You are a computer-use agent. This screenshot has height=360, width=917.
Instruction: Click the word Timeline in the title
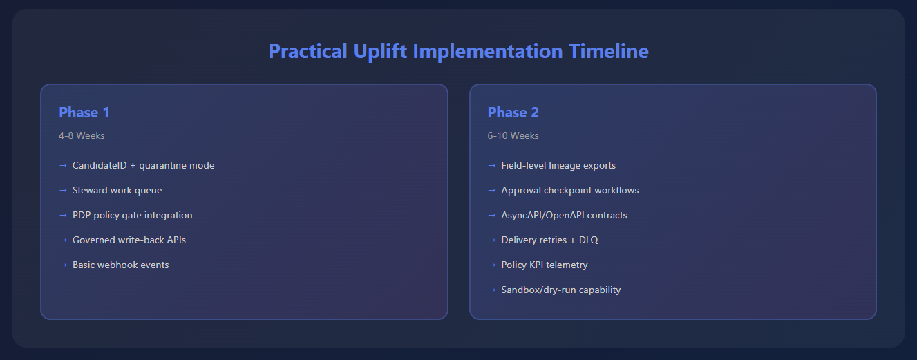(608, 51)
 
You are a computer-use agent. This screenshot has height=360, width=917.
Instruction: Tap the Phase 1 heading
(84, 113)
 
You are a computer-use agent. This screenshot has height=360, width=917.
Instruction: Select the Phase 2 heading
(513, 113)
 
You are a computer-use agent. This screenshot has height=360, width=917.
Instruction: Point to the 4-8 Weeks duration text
(82, 135)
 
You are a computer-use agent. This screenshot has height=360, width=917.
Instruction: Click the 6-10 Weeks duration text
(513, 135)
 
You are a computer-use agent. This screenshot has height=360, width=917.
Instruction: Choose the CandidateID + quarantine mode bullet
(143, 165)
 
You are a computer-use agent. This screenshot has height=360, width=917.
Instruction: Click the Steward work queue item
(117, 191)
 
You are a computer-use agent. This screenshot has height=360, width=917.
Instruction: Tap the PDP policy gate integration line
(132, 216)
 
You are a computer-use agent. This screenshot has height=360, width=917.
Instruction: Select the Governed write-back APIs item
(129, 240)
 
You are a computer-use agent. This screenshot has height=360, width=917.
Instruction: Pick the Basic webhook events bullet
(120, 265)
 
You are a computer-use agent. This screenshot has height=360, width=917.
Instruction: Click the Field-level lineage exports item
(558, 165)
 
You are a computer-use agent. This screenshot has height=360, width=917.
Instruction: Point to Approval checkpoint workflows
(570, 191)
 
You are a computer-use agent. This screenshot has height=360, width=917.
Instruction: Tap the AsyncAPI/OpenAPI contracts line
(564, 216)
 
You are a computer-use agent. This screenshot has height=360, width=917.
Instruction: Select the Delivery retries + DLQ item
(549, 240)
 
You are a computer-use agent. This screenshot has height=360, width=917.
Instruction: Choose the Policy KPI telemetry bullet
(545, 265)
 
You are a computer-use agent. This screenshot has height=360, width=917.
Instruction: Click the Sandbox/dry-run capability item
(561, 290)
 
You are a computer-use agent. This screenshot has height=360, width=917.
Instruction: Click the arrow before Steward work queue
(63, 191)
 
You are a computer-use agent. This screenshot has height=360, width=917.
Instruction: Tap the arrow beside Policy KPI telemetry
(491, 265)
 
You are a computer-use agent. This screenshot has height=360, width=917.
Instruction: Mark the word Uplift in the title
(380, 52)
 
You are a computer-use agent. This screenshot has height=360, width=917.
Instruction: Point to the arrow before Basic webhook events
(63, 265)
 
